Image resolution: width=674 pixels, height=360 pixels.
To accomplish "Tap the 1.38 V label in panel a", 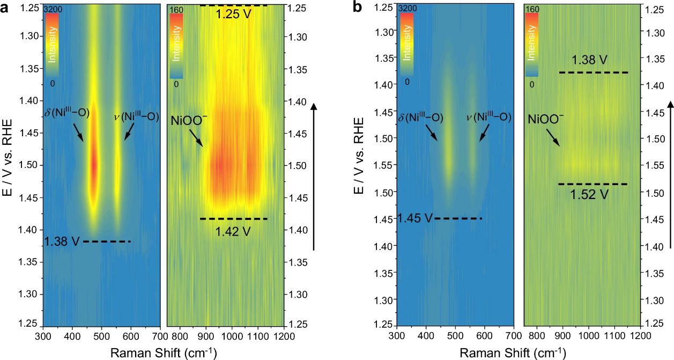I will pyautogui.click(x=62, y=241).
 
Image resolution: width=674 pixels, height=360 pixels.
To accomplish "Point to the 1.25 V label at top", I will pyautogui.click(x=233, y=14).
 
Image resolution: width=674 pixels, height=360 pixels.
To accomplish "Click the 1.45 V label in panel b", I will pyautogui.click(x=414, y=218).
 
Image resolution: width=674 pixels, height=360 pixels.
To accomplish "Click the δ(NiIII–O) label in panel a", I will pyautogui.click(x=67, y=114).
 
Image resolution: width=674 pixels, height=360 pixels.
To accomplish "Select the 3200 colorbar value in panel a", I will pyautogui.click(x=52, y=9).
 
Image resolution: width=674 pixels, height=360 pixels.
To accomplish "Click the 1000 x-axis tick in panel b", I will pyautogui.click(x=589, y=336).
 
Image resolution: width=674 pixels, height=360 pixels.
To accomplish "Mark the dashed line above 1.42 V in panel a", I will pyautogui.click(x=233, y=219).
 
